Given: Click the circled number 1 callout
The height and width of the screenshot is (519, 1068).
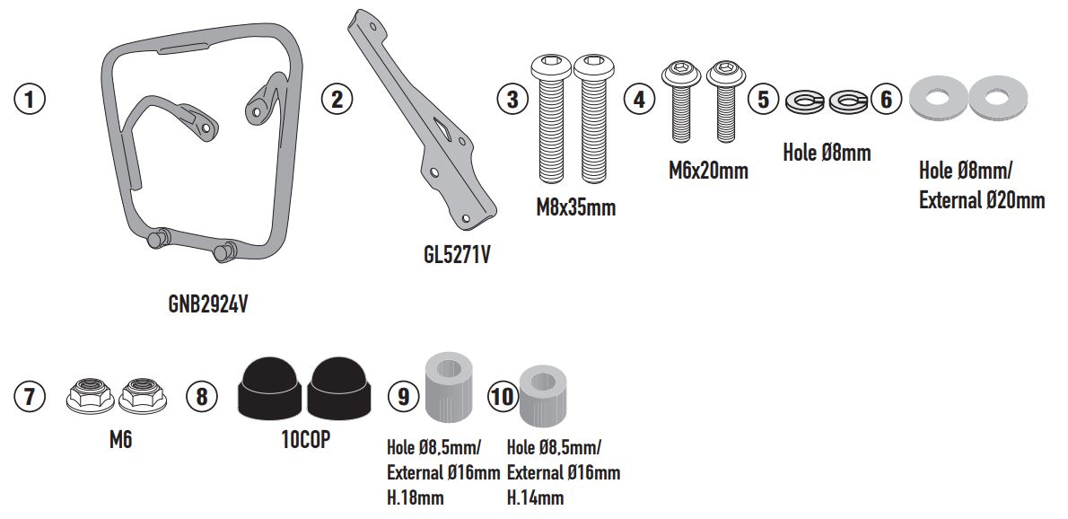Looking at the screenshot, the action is click(x=30, y=99).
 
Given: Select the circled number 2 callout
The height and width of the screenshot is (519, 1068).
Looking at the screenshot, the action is click(x=337, y=99).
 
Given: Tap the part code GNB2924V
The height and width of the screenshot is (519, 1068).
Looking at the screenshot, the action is click(x=207, y=304).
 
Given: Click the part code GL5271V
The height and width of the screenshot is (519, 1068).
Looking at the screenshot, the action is click(x=456, y=255).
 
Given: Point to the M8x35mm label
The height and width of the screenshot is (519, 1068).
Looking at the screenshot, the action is click(x=575, y=207).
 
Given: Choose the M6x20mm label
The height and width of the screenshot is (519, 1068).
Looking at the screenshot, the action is click(x=708, y=170).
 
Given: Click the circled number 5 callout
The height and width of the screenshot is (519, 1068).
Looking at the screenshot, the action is click(x=763, y=99).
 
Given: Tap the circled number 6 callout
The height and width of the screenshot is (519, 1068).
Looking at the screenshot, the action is click(x=886, y=99).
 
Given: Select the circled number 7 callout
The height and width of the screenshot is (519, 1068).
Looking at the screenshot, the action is click(x=30, y=396).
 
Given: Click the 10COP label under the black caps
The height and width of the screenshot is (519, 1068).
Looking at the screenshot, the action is click(x=306, y=440).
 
